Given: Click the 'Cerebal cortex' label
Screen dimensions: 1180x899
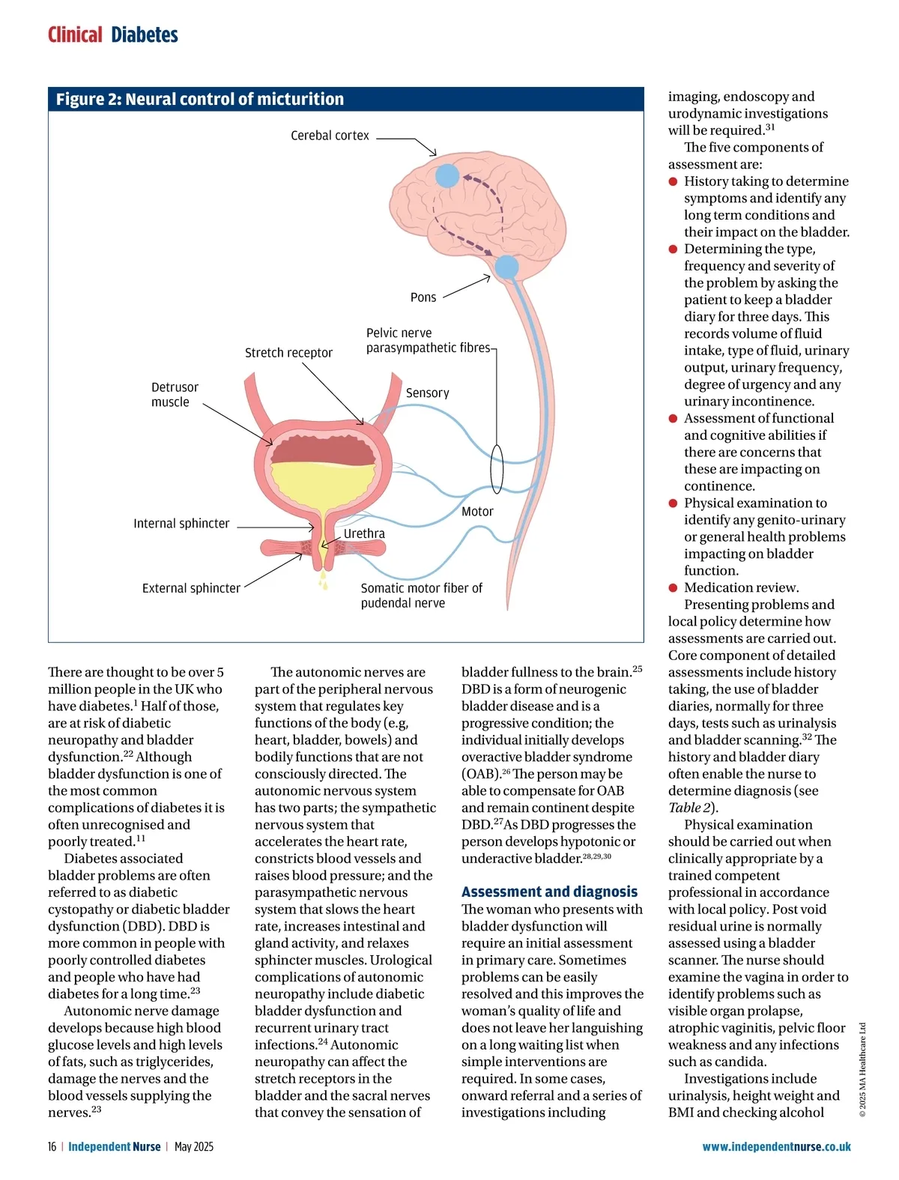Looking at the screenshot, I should pos(330,136).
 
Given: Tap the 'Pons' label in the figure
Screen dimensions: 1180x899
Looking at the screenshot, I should pos(423,297).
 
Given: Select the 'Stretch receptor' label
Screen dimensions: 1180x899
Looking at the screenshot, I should pos(288,353).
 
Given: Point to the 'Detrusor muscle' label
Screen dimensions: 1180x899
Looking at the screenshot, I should pos(175,395).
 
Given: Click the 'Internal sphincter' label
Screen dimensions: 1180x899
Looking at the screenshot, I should pos(181,524).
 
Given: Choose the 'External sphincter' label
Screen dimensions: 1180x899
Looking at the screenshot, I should pos(191,588).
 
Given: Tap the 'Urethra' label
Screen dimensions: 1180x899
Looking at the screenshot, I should pos(364,533).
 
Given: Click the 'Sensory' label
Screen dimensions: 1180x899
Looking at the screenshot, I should pos(427,393).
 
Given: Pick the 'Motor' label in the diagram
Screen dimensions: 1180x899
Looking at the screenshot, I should pos(477,512).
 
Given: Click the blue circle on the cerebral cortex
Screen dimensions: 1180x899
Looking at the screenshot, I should pos(447,175).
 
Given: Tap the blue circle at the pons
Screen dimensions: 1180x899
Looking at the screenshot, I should pos(507,267).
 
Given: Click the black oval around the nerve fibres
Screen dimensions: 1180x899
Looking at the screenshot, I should pos(497,468).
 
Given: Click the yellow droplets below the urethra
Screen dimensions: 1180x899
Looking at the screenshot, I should pos(324,581).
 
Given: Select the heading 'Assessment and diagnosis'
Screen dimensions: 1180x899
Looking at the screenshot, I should pos(549,892).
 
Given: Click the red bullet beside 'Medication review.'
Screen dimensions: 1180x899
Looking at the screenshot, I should pos(673,588).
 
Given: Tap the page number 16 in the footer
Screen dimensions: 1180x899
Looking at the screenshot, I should pos(52,1146).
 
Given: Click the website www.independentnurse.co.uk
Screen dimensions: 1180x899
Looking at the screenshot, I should pos(776,1146).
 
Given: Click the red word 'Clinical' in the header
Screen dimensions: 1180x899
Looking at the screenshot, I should pos(75,35).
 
